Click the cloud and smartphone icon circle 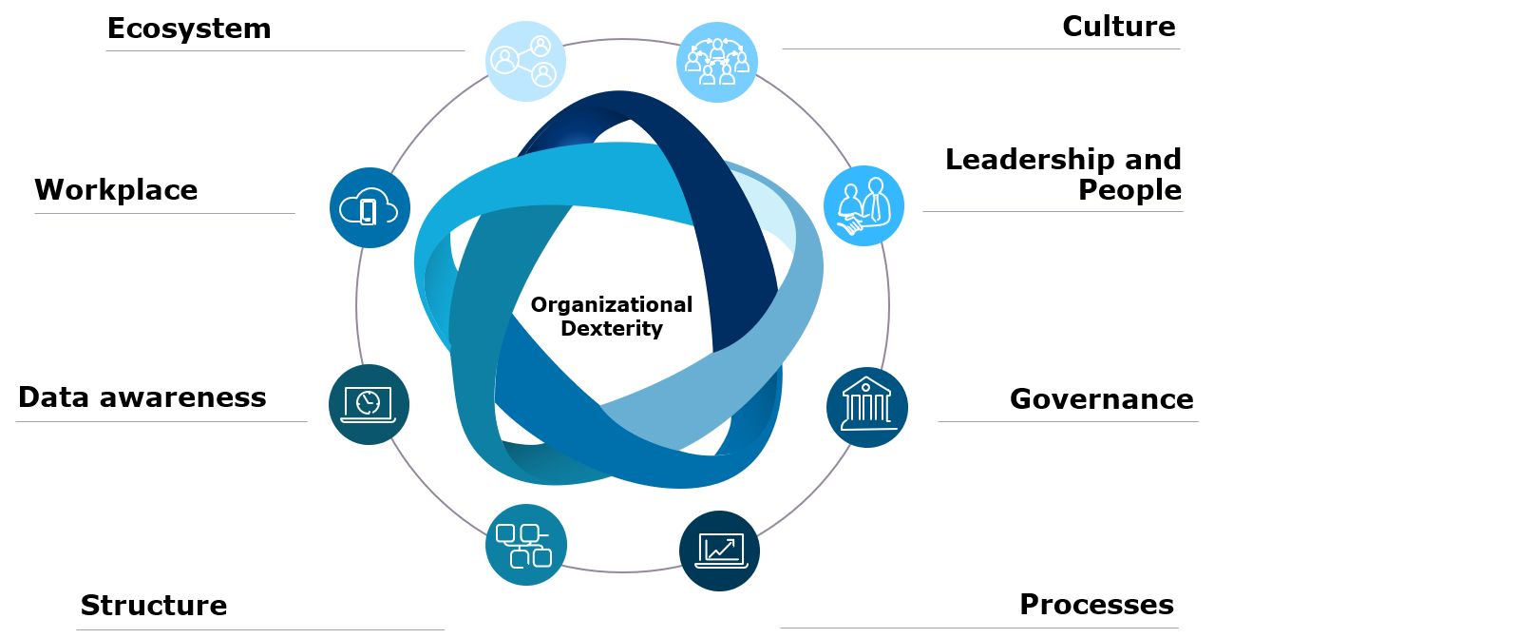[370, 208]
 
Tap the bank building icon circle [866, 407]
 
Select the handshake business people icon [863, 206]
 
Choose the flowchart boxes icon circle [525, 545]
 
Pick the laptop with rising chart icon [719, 551]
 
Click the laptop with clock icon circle [369, 404]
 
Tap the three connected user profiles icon [525, 61]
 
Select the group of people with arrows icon [716, 62]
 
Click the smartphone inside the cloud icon [368, 211]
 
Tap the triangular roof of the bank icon [865, 384]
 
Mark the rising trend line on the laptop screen [720, 549]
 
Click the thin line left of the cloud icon [164, 213]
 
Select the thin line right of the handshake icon [1053, 211]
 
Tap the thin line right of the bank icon [1068, 421]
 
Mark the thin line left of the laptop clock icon [161, 421]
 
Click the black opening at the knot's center [617, 304]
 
